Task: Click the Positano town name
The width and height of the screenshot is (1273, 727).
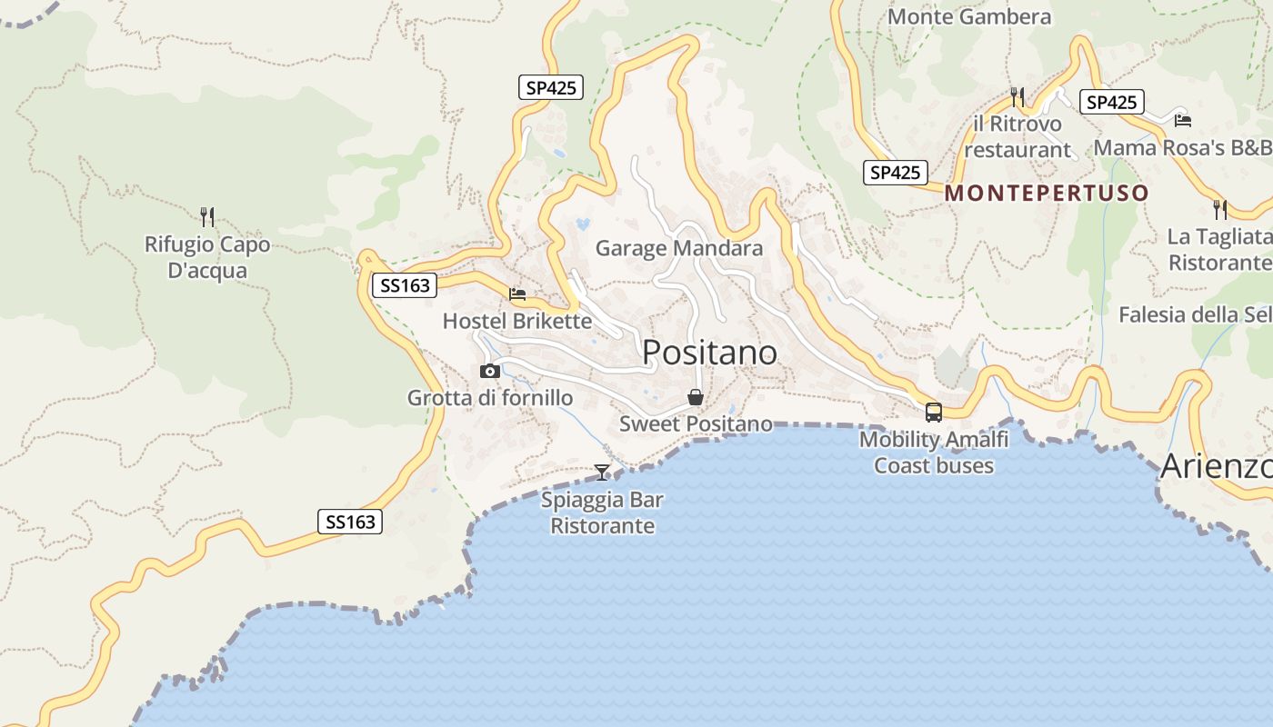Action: pos(709,353)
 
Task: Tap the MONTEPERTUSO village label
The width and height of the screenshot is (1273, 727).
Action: pos(1047,193)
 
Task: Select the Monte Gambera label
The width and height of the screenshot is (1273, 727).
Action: pos(968,16)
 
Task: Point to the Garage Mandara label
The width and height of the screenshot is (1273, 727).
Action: pos(678,248)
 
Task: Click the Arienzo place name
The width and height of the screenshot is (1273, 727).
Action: pos(1216,466)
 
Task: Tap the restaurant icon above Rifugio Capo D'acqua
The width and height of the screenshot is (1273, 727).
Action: pos(207,216)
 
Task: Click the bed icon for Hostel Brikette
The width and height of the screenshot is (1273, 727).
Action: pos(517,294)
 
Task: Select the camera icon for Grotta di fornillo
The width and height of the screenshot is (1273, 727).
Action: pos(490,371)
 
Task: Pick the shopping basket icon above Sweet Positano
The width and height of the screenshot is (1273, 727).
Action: pos(696,397)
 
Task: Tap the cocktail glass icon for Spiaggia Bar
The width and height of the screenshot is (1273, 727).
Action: pos(602,472)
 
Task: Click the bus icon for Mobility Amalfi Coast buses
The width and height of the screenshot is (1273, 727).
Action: pos(933,413)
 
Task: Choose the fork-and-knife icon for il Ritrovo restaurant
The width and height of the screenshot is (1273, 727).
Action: pos(1017,95)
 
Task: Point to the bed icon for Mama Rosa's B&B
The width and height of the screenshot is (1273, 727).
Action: pos(1182,120)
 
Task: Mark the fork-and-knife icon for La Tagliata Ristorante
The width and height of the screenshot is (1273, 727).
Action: pos(1220,209)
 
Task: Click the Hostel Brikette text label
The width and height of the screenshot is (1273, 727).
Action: pos(516,321)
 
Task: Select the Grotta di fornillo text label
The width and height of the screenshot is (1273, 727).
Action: pos(490,398)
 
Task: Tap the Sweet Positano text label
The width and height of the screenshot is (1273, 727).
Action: pos(696,424)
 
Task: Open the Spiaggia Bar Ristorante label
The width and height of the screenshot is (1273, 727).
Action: pos(602,513)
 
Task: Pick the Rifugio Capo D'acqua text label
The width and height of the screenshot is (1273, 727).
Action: pos(207,257)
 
